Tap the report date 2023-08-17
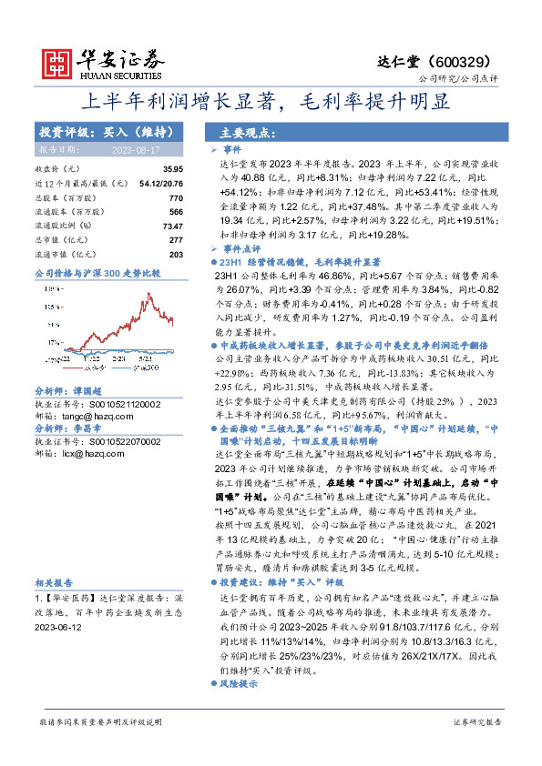click(x=136, y=149)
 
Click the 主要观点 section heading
click(x=246, y=132)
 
